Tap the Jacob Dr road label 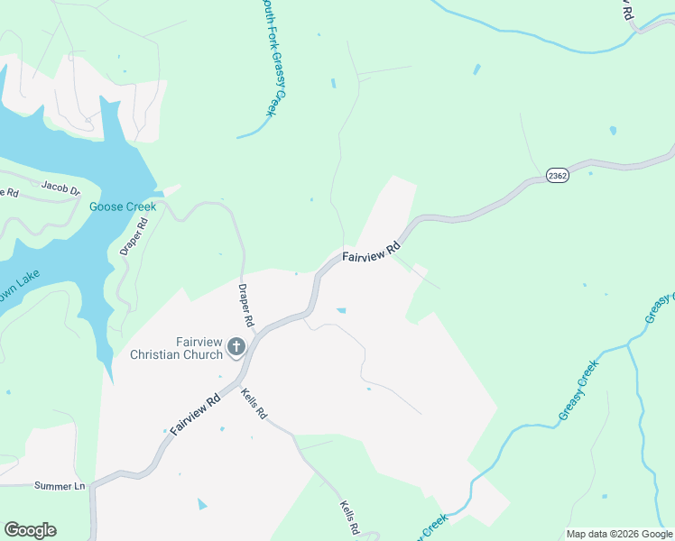tap(61, 188)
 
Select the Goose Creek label tap(123, 206)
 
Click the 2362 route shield tap(557, 176)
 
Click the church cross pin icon tap(236, 346)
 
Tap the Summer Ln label tap(60, 486)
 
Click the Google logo tap(30, 530)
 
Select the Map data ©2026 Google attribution tap(619, 534)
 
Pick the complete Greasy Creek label tap(578, 390)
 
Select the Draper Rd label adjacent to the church tap(245, 306)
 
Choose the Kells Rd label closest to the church tap(254, 402)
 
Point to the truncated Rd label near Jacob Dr tap(9, 192)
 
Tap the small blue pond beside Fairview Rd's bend tap(341, 311)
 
